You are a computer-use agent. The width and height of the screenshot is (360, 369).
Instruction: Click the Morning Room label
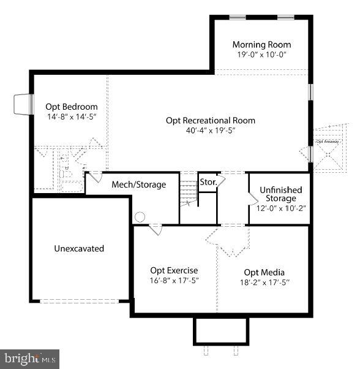[261, 45]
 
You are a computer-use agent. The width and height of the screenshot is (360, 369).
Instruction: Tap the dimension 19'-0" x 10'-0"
[261, 55]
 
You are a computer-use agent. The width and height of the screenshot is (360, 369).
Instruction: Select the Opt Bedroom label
[72, 106]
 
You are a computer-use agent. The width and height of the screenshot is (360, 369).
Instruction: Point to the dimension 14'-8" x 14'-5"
[72, 116]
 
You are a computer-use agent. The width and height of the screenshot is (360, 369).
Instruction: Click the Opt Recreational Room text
[211, 120]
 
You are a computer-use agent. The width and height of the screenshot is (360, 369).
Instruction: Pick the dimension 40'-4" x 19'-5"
[211, 130]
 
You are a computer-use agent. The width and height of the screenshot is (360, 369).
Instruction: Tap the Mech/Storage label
[138, 184]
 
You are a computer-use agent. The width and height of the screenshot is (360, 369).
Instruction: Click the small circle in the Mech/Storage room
[140, 216]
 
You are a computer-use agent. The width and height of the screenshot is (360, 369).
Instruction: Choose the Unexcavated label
[79, 249]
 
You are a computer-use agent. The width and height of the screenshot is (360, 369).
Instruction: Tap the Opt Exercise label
[174, 270]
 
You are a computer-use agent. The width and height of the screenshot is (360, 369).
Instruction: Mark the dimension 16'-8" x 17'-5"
[174, 280]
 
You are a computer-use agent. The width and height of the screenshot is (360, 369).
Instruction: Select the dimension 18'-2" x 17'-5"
[264, 282]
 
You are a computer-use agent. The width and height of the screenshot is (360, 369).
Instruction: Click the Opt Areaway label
[328, 142]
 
